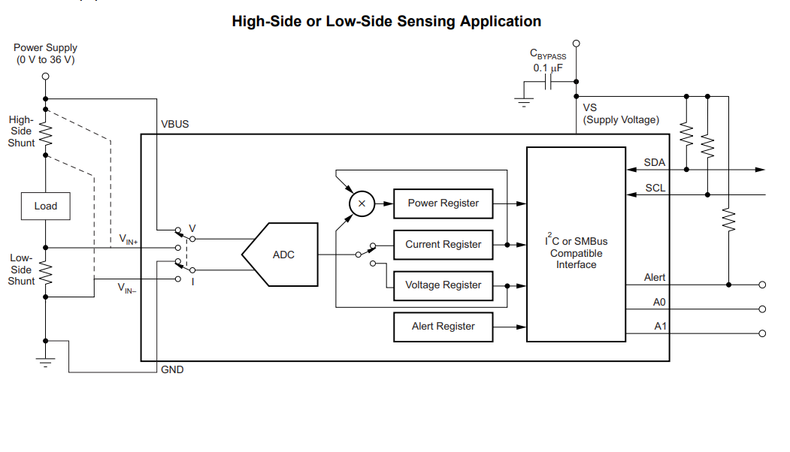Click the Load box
45,206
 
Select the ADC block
281,255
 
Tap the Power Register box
443,203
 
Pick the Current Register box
443,244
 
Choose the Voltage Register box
443,285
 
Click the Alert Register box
443,326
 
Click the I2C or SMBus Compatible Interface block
576,244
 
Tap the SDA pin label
655,162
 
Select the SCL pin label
655,188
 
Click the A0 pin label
659,302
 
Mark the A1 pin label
659,326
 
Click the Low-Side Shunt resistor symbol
45,272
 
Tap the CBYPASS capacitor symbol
549,83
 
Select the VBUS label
175,124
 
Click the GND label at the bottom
172,369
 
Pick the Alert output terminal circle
762,285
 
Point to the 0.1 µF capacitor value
548,68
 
